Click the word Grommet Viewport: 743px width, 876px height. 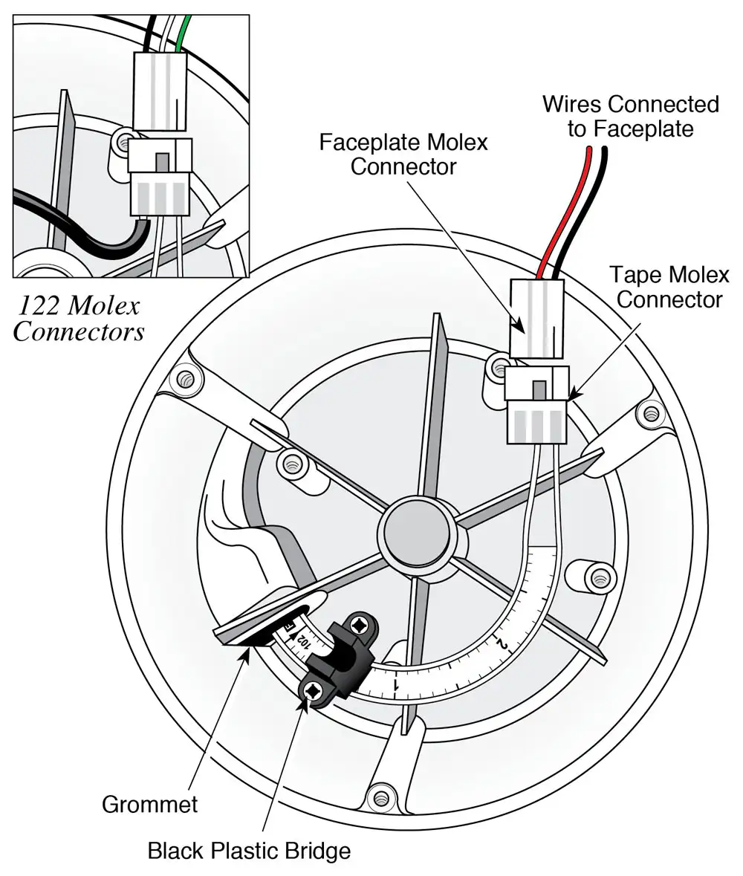tap(149, 803)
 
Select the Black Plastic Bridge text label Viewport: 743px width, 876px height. tap(249, 849)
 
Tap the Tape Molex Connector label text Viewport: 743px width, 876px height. tap(669, 288)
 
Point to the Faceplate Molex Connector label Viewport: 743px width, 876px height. tap(403, 154)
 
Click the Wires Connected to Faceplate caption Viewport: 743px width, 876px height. tap(630, 116)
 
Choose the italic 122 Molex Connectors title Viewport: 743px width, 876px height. tap(79, 318)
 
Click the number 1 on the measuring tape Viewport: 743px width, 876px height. tap(398, 684)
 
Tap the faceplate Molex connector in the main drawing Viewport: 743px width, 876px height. tap(536, 318)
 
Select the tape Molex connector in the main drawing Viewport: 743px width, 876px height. tap(536, 405)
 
